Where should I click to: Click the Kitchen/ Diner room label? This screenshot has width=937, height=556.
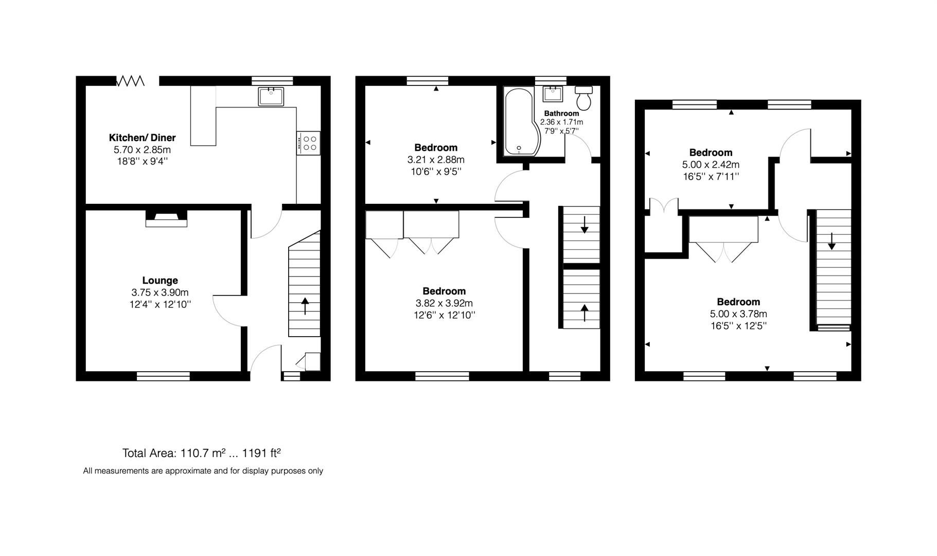tap(142, 137)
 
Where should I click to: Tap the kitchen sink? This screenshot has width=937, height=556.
tap(271, 96)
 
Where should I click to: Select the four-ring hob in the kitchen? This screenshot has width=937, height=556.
tap(309, 143)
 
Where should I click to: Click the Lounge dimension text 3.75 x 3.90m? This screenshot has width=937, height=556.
tap(160, 292)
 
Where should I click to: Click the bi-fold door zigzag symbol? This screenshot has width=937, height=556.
tap(130, 81)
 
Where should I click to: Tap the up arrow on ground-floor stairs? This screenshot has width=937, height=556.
tap(305, 306)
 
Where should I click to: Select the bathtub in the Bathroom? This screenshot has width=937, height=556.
tap(521, 123)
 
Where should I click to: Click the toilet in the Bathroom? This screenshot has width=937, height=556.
tap(584, 97)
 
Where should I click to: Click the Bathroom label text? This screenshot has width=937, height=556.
tap(561, 113)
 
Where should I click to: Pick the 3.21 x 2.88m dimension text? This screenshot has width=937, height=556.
tap(436, 160)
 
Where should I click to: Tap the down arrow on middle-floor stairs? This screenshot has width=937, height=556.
tap(585, 225)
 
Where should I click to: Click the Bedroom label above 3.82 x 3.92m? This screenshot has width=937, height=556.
tap(444, 291)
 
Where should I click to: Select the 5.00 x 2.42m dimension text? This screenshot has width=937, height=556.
tap(711, 165)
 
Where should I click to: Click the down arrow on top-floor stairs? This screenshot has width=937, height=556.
tap(832, 241)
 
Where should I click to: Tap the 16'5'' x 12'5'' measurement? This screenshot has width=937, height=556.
tap(738, 326)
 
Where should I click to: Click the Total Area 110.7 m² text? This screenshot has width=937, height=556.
tap(201, 453)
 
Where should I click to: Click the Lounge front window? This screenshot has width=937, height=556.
tap(163, 376)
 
